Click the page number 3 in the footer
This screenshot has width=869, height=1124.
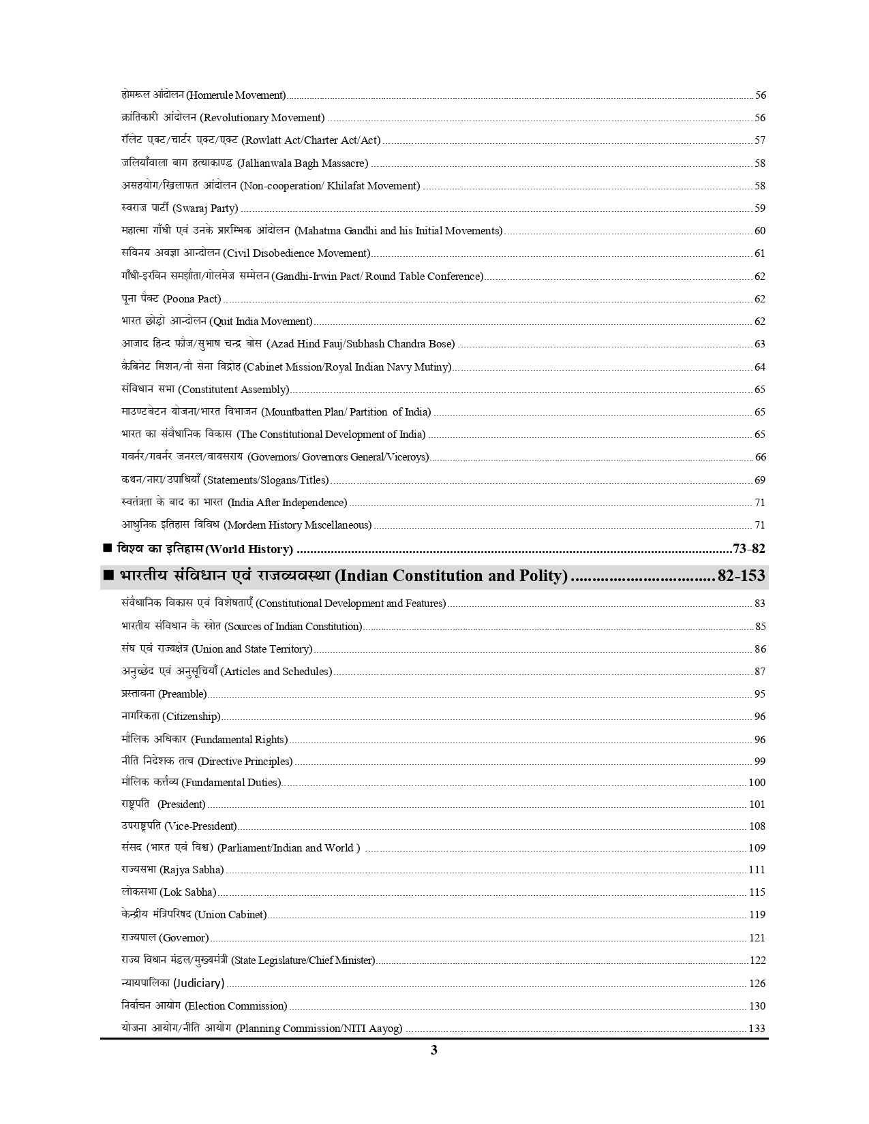click(434, 1050)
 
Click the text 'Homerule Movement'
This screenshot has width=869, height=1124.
click(236, 95)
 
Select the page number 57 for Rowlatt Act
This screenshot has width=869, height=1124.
click(759, 140)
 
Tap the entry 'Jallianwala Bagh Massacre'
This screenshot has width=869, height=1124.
click(303, 163)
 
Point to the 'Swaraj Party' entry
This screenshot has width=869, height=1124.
click(205, 208)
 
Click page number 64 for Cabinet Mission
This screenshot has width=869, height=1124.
click(759, 367)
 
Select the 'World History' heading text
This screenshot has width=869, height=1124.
click(249, 549)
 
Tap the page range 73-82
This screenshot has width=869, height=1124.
click(748, 549)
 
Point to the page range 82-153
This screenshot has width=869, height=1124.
click(741, 576)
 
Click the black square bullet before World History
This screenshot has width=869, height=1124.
click(107, 548)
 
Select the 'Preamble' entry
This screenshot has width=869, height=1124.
click(182, 694)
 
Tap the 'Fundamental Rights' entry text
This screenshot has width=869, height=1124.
click(239, 740)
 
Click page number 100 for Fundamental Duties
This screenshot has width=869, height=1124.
click(757, 783)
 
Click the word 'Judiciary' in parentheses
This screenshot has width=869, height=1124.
click(198, 983)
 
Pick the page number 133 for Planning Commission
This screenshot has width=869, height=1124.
click(757, 1029)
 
